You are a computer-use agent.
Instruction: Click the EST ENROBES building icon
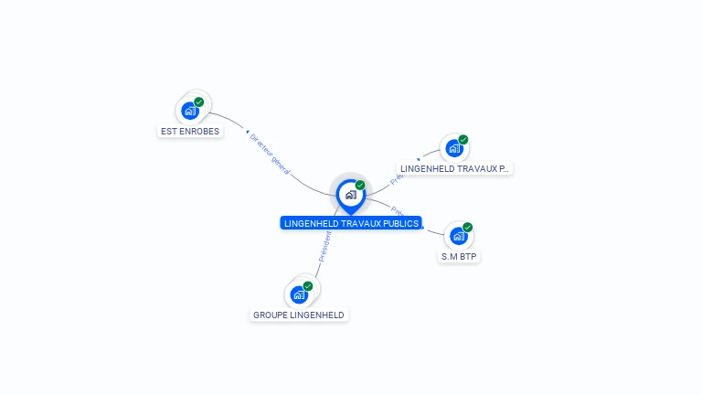tap(189, 111)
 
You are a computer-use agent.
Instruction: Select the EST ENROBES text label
tap(190, 132)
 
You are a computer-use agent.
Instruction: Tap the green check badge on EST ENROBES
tap(199, 101)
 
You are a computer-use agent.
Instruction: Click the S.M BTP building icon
tap(458, 236)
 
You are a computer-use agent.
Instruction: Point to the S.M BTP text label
tap(460, 257)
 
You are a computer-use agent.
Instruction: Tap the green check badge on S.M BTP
tap(468, 227)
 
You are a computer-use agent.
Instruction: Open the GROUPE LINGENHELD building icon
tap(298, 294)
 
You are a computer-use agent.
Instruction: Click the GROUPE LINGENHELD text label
tap(299, 315)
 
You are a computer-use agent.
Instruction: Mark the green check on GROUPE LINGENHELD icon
tap(308, 286)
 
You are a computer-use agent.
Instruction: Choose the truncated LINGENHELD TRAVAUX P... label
tap(454, 169)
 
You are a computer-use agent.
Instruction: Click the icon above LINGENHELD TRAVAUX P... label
tap(453, 148)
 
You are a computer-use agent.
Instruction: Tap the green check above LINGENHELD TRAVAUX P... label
tap(463, 140)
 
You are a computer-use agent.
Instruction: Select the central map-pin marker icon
tap(350, 195)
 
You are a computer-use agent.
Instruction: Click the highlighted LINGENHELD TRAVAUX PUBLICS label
tap(351, 223)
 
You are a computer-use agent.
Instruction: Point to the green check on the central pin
tap(360, 186)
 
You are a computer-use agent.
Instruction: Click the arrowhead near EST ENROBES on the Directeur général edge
tap(248, 133)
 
